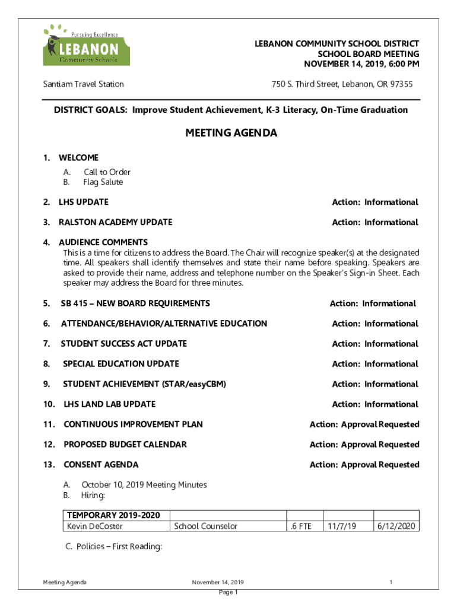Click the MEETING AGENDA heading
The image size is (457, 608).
coord(231,134)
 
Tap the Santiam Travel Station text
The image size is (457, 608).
coord(83,84)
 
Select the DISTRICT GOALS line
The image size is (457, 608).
coord(231,110)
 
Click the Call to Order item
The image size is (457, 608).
coord(107,172)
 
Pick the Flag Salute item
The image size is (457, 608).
coord(103,182)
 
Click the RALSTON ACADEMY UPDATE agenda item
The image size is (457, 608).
coord(115,223)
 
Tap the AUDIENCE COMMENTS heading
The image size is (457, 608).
coord(103,242)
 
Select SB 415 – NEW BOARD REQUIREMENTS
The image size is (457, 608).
coord(135,303)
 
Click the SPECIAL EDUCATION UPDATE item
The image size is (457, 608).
coord(121,364)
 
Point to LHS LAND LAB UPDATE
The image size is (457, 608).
coord(109,404)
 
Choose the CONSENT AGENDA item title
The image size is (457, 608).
coord(101,465)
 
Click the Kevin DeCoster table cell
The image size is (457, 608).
coord(88,526)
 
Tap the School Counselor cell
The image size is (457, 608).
coord(205,526)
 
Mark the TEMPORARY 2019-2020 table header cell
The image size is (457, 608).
coord(113,515)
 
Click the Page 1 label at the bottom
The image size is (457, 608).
coord(228,593)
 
